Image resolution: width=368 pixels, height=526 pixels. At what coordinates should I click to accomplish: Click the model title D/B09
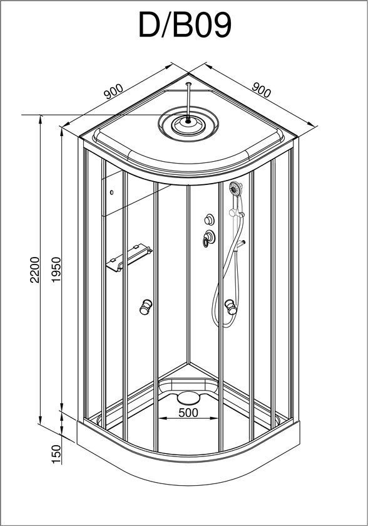pyautogui.click(x=185, y=25)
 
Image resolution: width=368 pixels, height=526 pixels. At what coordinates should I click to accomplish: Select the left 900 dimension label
pyautogui.click(x=113, y=91)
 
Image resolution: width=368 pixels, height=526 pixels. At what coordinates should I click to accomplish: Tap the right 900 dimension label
pyautogui.click(x=261, y=90)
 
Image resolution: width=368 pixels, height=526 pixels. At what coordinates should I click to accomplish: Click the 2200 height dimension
pyautogui.click(x=35, y=270)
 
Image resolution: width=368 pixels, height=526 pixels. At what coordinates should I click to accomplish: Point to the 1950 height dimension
pyautogui.click(x=56, y=270)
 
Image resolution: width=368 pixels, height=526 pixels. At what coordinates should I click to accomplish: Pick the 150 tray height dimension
pyautogui.click(x=56, y=454)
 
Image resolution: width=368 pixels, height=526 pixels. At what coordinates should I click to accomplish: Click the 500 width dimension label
pyautogui.click(x=188, y=413)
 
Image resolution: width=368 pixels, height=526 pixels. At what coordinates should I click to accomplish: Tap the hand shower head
pyautogui.click(x=236, y=189)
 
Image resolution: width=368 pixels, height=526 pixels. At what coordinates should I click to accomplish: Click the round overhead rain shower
pyautogui.click(x=188, y=124)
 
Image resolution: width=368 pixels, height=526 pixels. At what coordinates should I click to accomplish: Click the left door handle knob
pyautogui.click(x=146, y=307)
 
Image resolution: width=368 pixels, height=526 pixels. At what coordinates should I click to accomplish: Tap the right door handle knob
pyautogui.click(x=231, y=307)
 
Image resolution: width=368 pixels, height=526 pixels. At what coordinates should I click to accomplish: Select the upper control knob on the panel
pyautogui.click(x=210, y=219)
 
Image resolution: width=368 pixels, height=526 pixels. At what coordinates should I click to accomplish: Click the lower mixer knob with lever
pyautogui.click(x=209, y=238)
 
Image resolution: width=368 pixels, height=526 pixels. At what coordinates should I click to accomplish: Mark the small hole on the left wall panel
pyautogui.click(x=111, y=192)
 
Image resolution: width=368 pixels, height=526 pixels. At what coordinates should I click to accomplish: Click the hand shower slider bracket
pyautogui.click(x=237, y=213)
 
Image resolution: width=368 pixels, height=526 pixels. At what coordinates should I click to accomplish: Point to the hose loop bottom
pyautogui.click(x=228, y=323)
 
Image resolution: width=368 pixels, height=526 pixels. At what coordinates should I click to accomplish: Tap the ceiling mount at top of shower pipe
pyautogui.click(x=189, y=83)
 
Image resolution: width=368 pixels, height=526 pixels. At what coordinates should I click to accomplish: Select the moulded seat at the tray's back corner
pyautogui.click(x=188, y=385)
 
